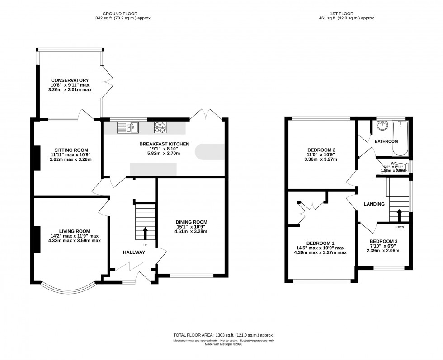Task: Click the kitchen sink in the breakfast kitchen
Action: pos(128,128)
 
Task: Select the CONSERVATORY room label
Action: pos(70,80)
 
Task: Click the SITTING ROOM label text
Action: pos(71,150)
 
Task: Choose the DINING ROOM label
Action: pos(192,222)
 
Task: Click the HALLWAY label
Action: pos(134,252)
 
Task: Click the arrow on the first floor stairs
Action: pos(398,214)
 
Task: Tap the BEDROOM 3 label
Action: pos(383,241)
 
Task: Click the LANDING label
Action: pos(374,204)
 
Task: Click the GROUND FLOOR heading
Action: pos(123,14)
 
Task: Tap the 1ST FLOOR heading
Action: pos(347,14)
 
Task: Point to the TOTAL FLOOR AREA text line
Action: pos(224,335)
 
